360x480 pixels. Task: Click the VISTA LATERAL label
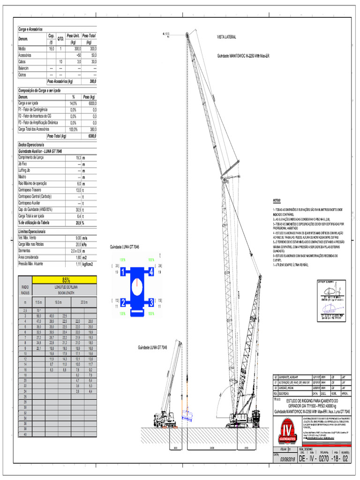click(x=226, y=36)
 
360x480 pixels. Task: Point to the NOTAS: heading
click(x=277, y=200)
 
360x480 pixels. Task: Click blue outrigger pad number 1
click(x=123, y=271)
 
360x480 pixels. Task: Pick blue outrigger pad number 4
click(x=151, y=271)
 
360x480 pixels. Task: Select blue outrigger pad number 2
click(x=123, y=301)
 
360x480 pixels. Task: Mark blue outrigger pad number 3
click(x=151, y=301)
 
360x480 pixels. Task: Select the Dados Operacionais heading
click(x=32, y=146)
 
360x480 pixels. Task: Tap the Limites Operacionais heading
click(x=32, y=232)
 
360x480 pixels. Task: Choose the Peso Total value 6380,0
click(x=91, y=136)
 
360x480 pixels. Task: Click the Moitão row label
click(x=22, y=48)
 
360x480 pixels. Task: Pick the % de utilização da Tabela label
click(x=35, y=223)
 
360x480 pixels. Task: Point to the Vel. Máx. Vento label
click(x=28, y=238)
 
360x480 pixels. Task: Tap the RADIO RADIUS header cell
click(x=25, y=290)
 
